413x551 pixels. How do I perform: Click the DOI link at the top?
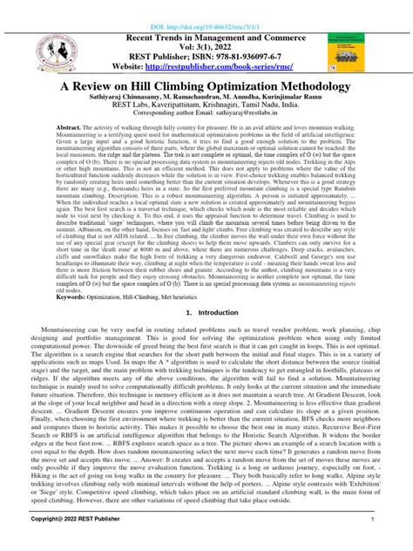point(206,7)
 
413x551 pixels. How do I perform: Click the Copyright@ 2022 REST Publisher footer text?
point(65,541)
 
